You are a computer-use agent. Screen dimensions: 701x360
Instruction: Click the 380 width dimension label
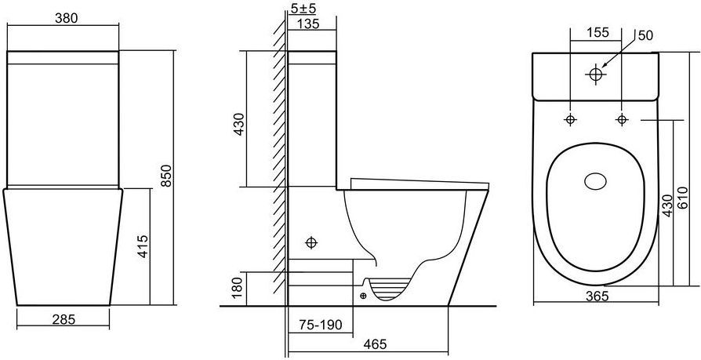[66, 18]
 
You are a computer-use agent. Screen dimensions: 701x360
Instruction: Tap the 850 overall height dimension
[166, 176]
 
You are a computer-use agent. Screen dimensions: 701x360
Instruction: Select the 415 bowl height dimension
[143, 246]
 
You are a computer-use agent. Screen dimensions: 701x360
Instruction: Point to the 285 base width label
[64, 319]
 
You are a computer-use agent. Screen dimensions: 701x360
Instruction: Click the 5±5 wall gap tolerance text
[303, 8]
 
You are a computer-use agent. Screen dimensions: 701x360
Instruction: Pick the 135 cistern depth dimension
[308, 24]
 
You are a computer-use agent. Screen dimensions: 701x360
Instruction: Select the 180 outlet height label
[238, 288]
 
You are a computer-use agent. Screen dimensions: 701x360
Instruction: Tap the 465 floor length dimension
[375, 344]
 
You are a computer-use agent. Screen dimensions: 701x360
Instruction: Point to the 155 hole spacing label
[598, 32]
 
